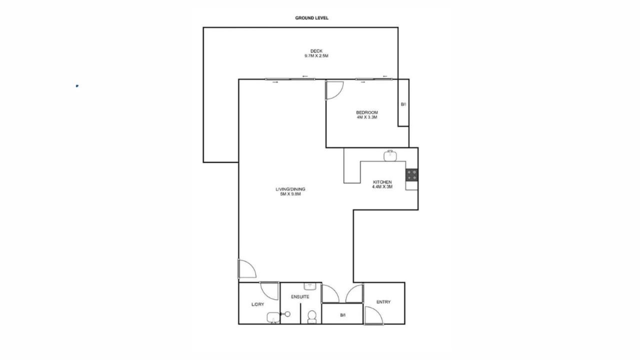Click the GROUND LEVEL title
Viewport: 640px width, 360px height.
pyautogui.click(x=311, y=18)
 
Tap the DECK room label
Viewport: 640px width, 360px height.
pyautogui.click(x=316, y=51)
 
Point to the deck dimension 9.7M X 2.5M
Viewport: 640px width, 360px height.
pyautogui.click(x=316, y=56)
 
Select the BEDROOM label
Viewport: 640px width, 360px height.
pyautogui.click(x=367, y=112)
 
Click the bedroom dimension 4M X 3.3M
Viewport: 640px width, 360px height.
pyautogui.click(x=367, y=117)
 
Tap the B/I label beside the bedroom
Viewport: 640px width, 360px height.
pyautogui.click(x=403, y=104)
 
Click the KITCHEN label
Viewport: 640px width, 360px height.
pyautogui.click(x=382, y=182)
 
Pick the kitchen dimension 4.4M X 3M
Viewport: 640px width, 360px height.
pyautogui.click(x=382, y=187)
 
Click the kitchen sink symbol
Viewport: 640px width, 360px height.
pyautogui.click(x=390, y=155)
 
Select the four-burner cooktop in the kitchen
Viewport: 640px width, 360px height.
pyautogui.click(x=411, y=175)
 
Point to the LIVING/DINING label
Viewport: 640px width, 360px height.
pyautogui.click(x=290, y=189)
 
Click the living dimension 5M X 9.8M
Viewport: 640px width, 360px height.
pyautogui.click(x=290, y=194)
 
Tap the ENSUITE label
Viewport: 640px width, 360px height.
pyautogui.click(x=300, y=297)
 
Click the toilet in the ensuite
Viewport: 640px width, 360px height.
pyautogui.click(x=312, y=317)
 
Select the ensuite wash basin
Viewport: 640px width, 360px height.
pyautogui.click(x=309, y=286)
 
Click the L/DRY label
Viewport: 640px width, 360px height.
pyautogui.click(x=257, y=304)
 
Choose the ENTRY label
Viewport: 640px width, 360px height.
pyautogui.click(x=383, y=302)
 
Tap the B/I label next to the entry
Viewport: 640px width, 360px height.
pyautogui.click(x=343, y=315)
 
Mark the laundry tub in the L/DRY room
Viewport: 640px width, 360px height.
pyautogui.click(x=273, y=317)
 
